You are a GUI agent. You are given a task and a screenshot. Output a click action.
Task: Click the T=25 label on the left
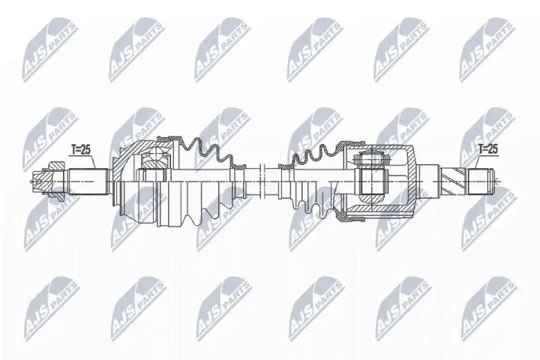[x=80, y=150]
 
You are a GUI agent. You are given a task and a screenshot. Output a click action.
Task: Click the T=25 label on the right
[x=487, y=150]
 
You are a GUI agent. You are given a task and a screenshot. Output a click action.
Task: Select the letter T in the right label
[x=480, y=150]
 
